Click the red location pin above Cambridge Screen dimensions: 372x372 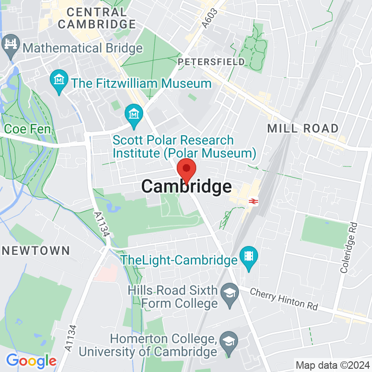(186, 169)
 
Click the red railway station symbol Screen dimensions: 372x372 (253, 201)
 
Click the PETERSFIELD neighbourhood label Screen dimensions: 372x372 (212, 61)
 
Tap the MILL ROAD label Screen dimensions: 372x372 (303, 128)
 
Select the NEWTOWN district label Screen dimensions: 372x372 (35, 251)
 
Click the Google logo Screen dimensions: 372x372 (31, 360)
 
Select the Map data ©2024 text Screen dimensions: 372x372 (332, 365)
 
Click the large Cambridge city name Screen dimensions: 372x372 (186, 186)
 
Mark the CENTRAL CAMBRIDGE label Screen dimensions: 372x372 (97, 18)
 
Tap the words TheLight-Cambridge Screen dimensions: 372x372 (179, 260)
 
